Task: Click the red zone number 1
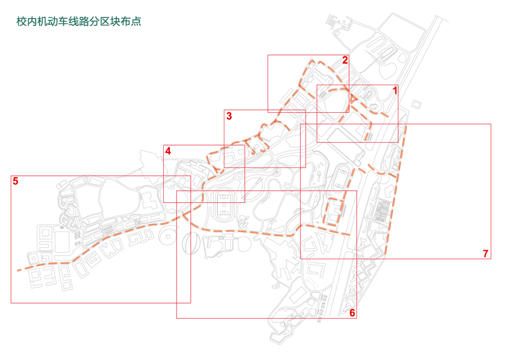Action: pos(395,90)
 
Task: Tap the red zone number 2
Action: pos(345,60)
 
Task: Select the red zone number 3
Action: pos(229,116)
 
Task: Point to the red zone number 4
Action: pos(168,151)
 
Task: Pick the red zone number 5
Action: pos(16,181)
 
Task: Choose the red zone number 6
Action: pos(352,313)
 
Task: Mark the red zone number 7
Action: pos(485,253)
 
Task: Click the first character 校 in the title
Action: pos(22,22)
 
